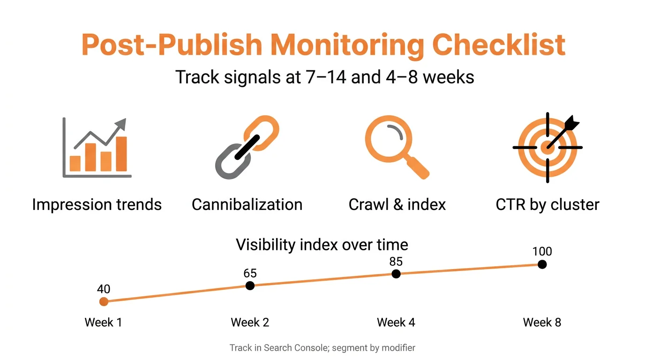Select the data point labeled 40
[x=104, y=301]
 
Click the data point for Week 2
[x=250, y=285]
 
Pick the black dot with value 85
[x=396, y=274]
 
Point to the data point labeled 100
[x=542, y=264]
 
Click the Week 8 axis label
[x=542, y=322]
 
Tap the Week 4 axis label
[x=396, y=322]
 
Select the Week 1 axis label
[x=104, y=322]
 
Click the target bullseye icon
[x=547, y=147]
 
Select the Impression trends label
[x=97, y=205]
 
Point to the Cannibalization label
[x=247, y=205]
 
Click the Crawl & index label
[x=397, y=205]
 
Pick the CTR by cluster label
[x=547, y=205]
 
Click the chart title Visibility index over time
[x=322, y=245]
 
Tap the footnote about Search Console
[x=322, y=348]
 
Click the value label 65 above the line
[x=250, y=273]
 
